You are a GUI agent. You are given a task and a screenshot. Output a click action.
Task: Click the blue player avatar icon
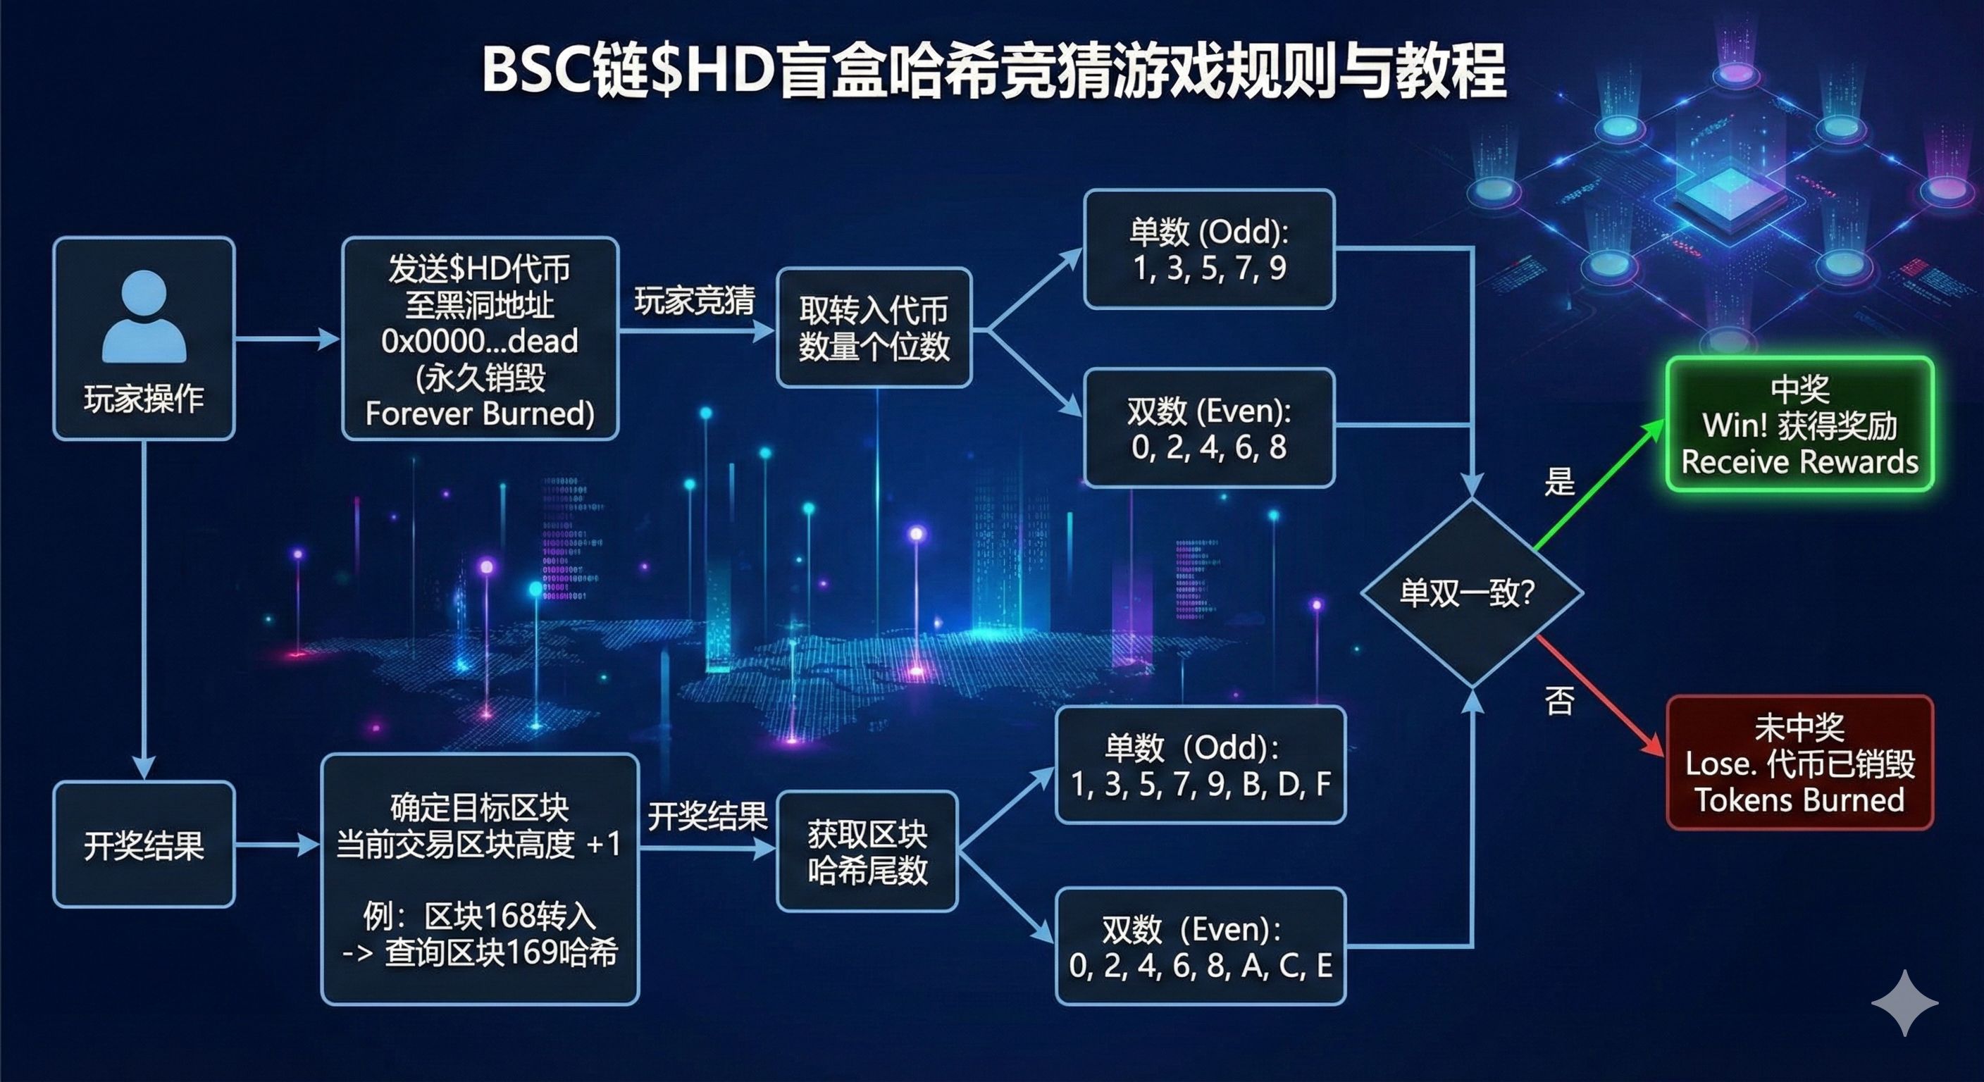[x=144, y=316]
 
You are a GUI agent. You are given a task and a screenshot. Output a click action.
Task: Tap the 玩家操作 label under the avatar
[x=144, y=399]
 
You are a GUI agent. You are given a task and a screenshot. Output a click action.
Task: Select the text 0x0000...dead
[x=479, y=341]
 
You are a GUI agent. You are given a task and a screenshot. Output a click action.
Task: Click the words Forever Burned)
[x=479, y=413]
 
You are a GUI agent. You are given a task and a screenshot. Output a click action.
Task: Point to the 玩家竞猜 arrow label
[x=694, y=300]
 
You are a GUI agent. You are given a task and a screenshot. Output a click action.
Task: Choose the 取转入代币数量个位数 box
[x=874, y=328]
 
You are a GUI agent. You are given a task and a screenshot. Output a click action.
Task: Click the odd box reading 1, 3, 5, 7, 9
[x=1208, y=268]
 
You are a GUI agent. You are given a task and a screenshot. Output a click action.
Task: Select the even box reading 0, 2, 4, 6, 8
[x=1208, y=447]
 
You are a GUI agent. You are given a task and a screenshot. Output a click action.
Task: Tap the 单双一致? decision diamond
[x=1471, y=592]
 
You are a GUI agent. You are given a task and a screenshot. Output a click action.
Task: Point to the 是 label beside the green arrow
[x=1559, y=481]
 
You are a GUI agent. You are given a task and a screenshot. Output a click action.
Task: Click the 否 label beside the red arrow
[x=1559, y=701]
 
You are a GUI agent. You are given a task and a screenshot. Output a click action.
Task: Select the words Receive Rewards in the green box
[x=1799, y=462]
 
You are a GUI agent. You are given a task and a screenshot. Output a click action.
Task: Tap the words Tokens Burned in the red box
[x=1799, y=800]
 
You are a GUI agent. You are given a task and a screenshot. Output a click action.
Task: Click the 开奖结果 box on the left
[x=144, y=845]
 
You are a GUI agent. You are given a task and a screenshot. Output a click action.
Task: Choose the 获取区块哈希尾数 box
[x=867, y=852]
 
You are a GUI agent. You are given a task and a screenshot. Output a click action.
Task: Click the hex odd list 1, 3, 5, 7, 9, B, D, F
[x=1200, y=784]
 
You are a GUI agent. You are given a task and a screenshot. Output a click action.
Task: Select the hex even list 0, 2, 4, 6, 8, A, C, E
[x=1200, y=965]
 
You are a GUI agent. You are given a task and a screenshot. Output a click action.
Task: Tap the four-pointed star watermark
[x=1904, y=1002]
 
